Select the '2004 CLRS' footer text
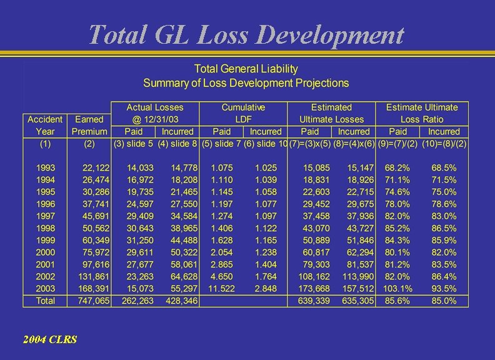click(50, 339)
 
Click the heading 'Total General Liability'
click(246, 69)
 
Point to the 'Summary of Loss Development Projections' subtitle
click(246, 82)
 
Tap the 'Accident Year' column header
click(45, 125)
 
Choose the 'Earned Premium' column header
click(89, 125)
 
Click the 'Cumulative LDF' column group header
click(243, 113)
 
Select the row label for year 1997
click(45, 216)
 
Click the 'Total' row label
click(45, 301)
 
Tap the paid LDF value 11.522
click(222, 289)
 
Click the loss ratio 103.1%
click(398, 289)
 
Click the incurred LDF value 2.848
click(266, 289)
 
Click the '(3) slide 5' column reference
click(133, 144)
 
